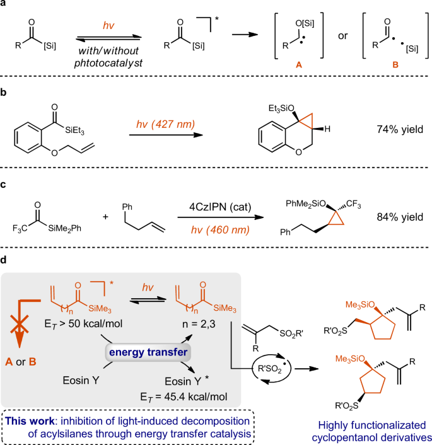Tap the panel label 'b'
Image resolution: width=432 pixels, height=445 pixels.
(x=5, y=94)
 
